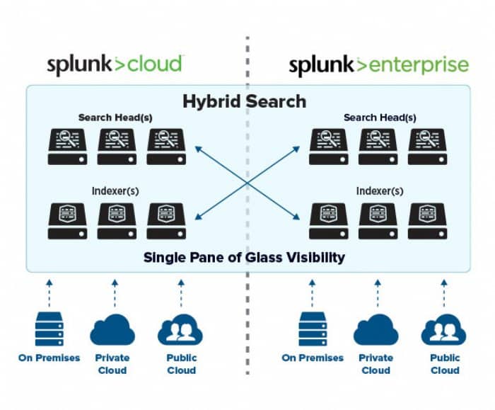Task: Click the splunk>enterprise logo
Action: point(378,64)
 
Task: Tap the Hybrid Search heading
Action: point(245,101)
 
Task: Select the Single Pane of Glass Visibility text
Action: point(245,257)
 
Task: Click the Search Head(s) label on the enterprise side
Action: point(380,118)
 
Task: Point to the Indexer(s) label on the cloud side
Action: point(116,190)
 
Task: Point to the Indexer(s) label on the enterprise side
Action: point(380,190)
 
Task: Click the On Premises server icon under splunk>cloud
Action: point(49,329)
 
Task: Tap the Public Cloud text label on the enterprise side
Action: point(445,363)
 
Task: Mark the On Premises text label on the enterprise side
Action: point(313,358)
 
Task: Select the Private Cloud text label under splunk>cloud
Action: point(112,363)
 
